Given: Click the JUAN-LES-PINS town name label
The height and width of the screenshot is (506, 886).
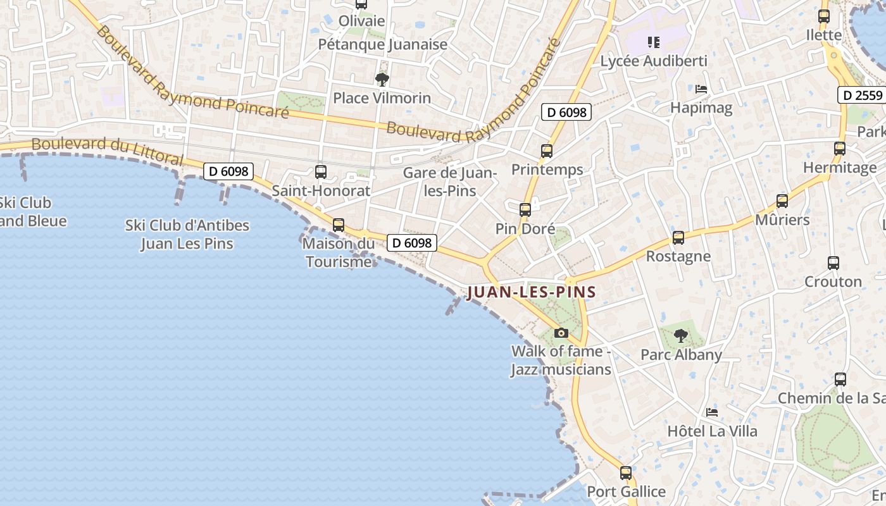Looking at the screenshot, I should click(x=532, y=292).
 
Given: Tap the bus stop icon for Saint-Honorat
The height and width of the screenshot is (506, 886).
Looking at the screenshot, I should click(x=321, y=172).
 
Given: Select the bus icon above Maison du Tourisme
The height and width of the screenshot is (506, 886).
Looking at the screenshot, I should click(x=339, y=225).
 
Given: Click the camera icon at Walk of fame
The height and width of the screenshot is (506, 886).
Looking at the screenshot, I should click(x=561, y=333).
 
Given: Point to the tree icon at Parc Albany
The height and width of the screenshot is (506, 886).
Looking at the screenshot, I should click(x=681, y=336).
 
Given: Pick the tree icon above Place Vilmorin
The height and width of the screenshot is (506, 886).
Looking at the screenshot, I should click(x=382, y=80).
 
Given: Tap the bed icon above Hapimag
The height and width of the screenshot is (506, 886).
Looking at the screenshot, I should click(x=701, y=89).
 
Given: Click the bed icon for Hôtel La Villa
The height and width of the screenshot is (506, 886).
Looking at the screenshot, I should click(x=712, y=412).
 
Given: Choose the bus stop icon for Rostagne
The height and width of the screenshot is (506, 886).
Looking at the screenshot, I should click(x=678, y=238).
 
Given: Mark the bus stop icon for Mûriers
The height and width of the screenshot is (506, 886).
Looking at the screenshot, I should click(x=782, y=202).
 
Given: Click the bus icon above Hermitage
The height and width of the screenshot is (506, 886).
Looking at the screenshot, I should click(x=840, y=149).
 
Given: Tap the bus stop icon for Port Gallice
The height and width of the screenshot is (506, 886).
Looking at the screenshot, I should click(x=626, y=473).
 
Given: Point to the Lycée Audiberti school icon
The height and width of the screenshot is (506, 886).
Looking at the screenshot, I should click(x=654, y=43).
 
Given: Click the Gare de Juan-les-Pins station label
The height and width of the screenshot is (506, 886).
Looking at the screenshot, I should click(x=449, y=182).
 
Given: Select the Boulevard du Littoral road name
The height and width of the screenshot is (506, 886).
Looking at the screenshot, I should click(x=108, y=149).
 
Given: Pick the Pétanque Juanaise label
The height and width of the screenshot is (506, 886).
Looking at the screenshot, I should click(x=383, y=44).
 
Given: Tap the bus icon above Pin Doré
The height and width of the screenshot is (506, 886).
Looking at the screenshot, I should click(x=525, y=210).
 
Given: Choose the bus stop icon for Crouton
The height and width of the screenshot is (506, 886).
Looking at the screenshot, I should click(x=833, y=263).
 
